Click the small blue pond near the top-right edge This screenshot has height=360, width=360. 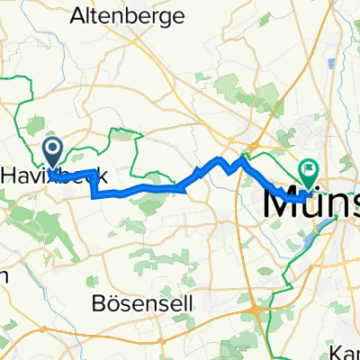point(333,65)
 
